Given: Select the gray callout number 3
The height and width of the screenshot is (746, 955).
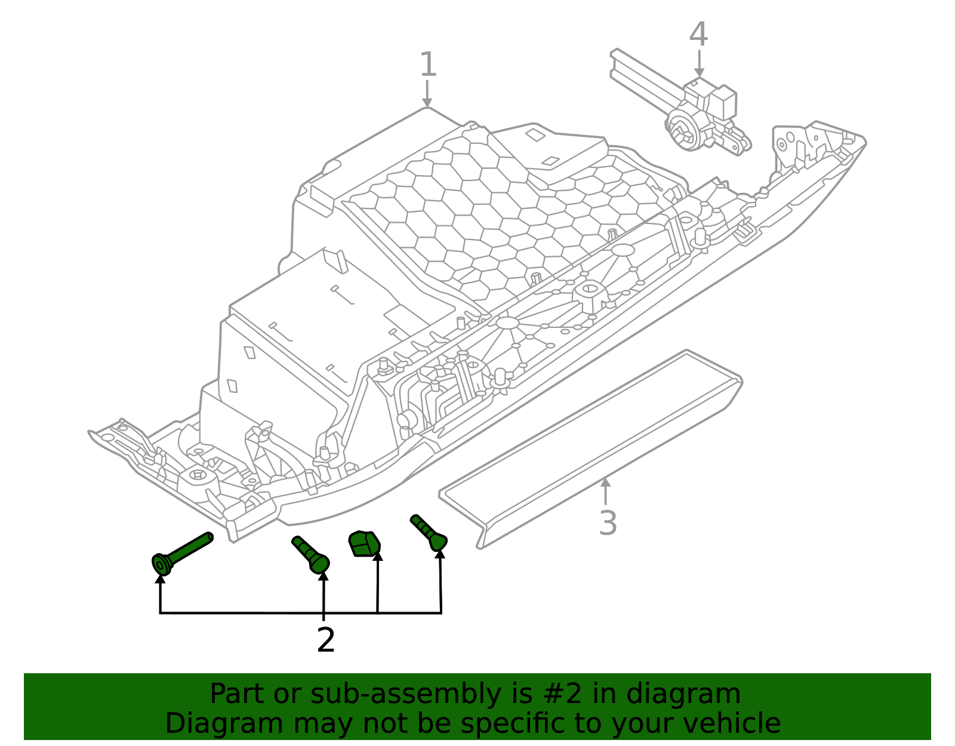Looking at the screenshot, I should [607, 523].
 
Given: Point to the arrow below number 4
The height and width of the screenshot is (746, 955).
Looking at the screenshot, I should [698, 65].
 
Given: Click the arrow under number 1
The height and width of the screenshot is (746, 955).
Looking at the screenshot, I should [427, 95].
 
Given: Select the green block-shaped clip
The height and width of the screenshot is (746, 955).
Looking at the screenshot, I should [363, 543].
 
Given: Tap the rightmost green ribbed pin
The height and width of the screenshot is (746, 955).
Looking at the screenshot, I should [429, 532].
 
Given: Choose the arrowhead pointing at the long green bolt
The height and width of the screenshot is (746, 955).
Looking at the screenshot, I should [160, 578].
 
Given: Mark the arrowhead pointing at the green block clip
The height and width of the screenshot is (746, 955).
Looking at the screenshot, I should [377, 557].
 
